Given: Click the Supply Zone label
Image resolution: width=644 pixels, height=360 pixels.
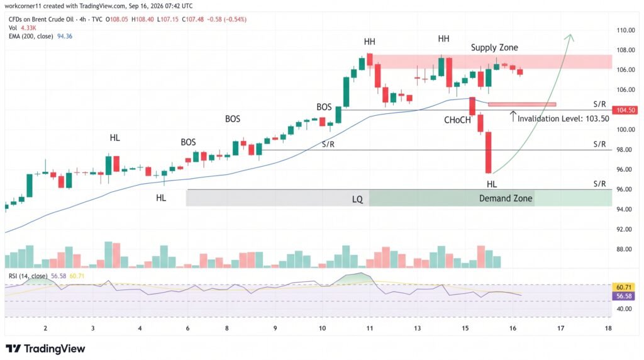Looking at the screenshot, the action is tap(494, 47).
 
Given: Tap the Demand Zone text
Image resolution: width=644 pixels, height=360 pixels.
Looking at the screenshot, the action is tap(506, 198).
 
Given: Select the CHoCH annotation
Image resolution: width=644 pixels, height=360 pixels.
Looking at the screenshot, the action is tap(457, 120).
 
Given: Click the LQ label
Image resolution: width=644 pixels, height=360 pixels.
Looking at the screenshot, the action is tap(357, 200).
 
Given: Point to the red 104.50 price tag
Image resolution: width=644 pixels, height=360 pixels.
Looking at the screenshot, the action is tap(625, 110).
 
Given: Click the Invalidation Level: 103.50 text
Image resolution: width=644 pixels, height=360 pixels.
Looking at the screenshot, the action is tap(563, 119).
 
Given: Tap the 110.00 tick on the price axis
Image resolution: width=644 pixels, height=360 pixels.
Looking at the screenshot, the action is tap(626, 30).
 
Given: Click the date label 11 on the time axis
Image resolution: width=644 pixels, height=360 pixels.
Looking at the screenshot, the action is tap(370, 328).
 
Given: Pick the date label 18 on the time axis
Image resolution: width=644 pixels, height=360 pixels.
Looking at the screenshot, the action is tap(608, 328).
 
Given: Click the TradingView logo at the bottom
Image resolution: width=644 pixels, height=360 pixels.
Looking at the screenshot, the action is tap(45, 349).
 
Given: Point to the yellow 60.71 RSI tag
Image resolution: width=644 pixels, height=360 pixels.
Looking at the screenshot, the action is tap(624, 287).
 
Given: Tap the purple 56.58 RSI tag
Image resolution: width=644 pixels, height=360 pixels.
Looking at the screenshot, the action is tap(624, 296).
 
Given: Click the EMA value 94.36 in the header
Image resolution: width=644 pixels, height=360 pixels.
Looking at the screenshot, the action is tap(65, 36).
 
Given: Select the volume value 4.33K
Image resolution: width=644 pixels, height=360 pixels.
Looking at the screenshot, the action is tap(28, 28).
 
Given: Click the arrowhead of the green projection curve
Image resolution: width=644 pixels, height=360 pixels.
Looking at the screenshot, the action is tap(569, 37).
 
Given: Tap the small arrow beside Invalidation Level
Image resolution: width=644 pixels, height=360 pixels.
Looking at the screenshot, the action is tap(513, 116).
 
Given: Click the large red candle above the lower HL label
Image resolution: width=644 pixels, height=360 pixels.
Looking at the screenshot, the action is tap(488, 152).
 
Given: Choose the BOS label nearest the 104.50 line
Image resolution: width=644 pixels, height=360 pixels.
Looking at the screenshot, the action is tap(324, 107).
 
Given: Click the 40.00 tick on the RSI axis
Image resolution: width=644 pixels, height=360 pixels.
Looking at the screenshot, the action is tap(624, 309).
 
